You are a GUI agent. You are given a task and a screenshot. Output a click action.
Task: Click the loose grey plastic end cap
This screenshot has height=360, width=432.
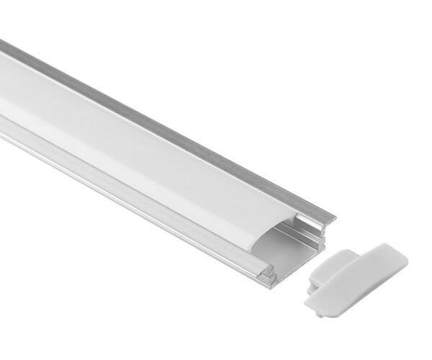(x=360, y=277)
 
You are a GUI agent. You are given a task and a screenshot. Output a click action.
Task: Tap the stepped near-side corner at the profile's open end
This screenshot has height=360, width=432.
(x=268, y=277)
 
